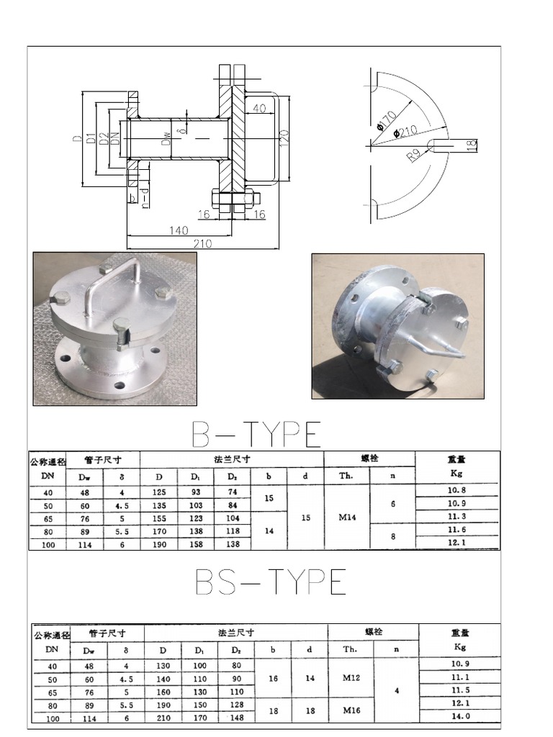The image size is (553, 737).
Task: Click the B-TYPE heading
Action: pyautogui.click(x=256, y=434)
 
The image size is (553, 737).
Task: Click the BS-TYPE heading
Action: pyautogui.click(x=271, y=582)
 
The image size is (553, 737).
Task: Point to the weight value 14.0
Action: pyautogui.click(x=461, y=716)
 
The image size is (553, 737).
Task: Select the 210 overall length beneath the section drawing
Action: pyautogui.click(x=202, y=244)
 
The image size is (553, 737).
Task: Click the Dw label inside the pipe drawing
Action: pyautogui.click(x=166, y=137)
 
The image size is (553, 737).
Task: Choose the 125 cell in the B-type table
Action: pyautogui.click(x=159, y=492)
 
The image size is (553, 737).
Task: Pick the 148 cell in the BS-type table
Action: pyautogui.click(x=237, y=718)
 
